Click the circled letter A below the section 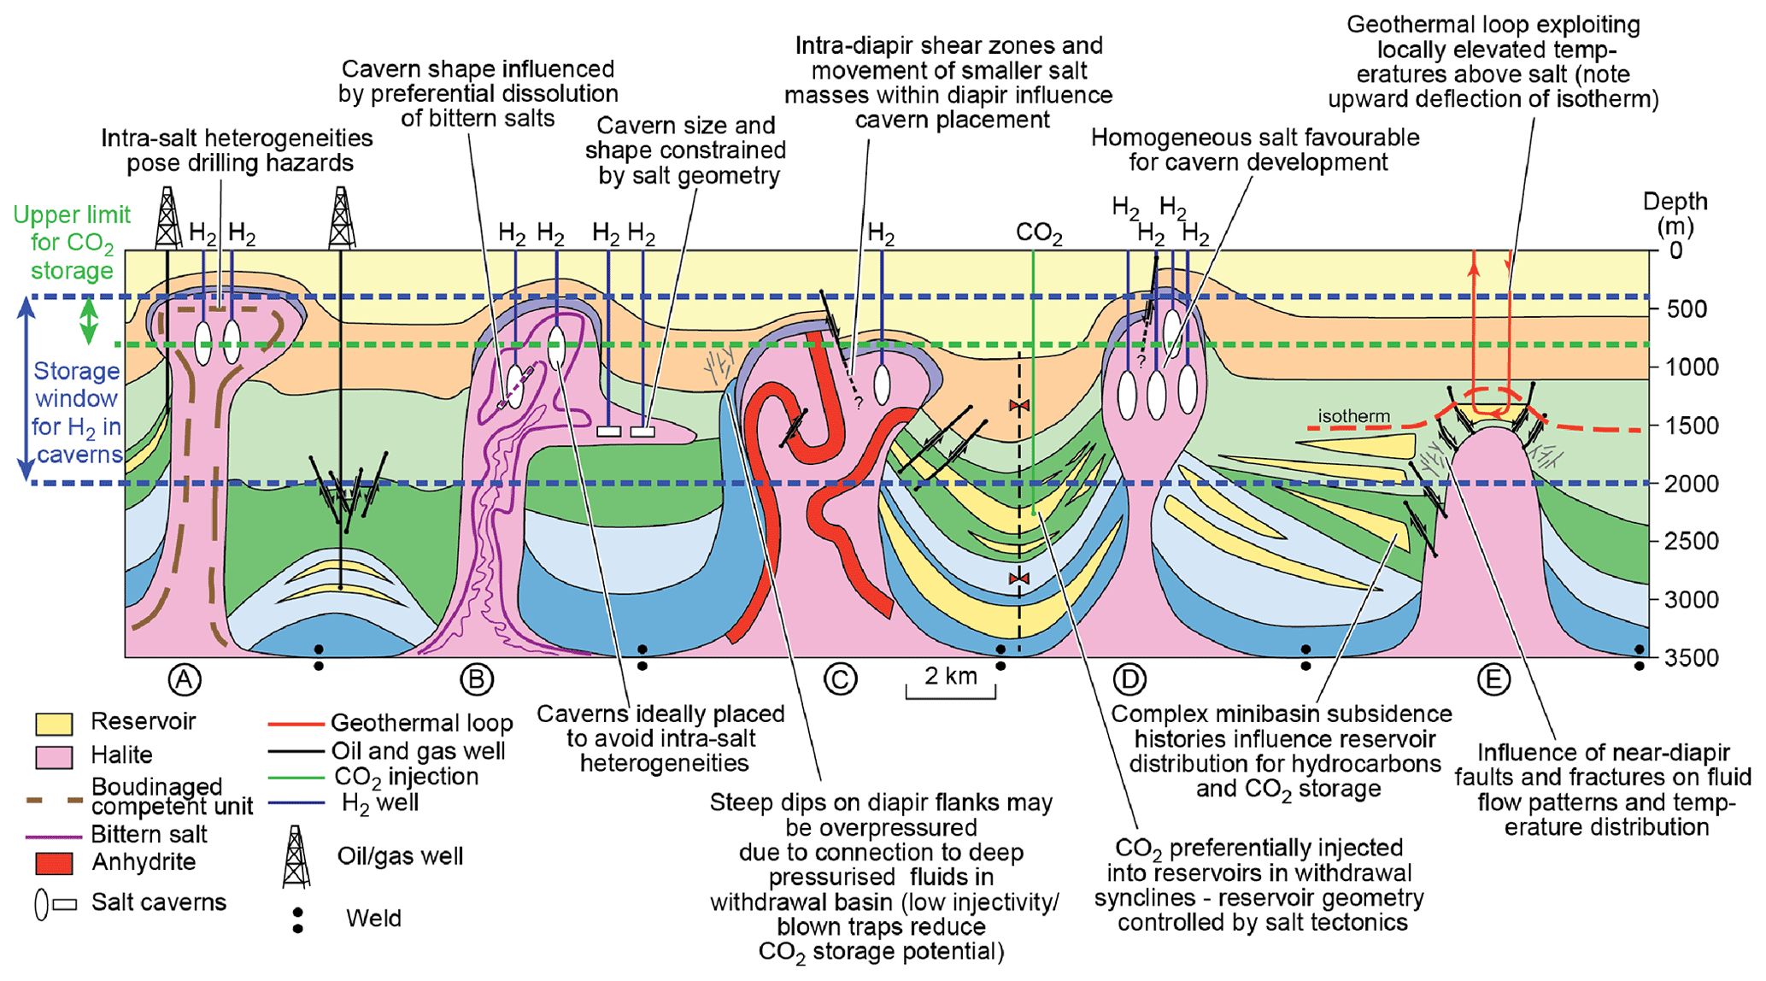click(185, 679)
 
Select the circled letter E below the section click(1493, 679)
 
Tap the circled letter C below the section click(840, 679)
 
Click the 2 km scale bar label click(950, 677)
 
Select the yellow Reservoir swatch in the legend click(53, 723)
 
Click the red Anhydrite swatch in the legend click(53, 863)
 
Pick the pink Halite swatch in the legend click(53, 756)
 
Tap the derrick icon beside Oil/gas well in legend click(296, 856)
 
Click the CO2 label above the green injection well click(1039, 234)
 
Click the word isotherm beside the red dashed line click(1353, 416)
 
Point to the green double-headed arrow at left click(89, 320)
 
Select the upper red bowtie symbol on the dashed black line click(1018, 405)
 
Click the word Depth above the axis click(1675, 203)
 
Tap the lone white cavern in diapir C click(882, 384)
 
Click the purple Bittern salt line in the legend click(53, 836)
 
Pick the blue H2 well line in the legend click(296, 803)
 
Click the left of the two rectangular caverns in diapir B click(608, 432)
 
